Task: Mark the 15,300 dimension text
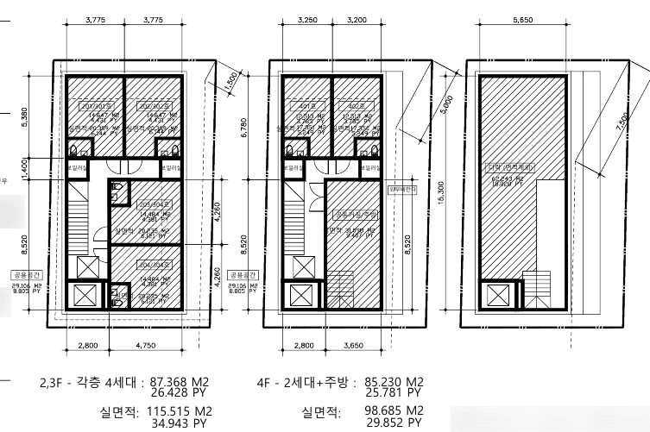pos(442,197)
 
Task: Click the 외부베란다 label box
pos(403,189)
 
